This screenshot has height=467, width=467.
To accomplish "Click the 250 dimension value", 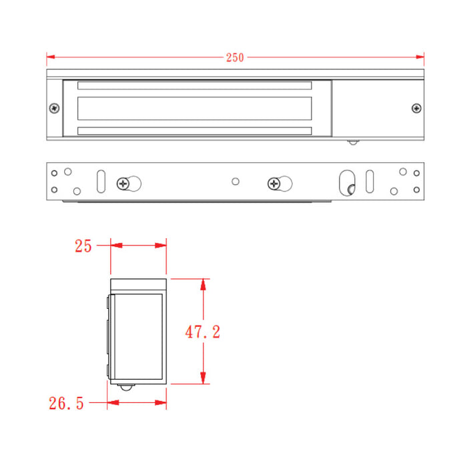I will point(235,57).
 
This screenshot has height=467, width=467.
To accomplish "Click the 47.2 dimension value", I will point(203,332).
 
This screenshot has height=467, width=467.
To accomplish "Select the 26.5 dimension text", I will point(66,403).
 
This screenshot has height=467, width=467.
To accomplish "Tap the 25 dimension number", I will point(83,246).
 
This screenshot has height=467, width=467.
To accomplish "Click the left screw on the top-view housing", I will point(54,108).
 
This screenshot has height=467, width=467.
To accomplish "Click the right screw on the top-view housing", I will point(416,108).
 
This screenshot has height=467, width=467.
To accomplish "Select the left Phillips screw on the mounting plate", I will point(124,183).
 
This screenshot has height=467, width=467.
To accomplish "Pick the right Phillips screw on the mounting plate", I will point(274,183).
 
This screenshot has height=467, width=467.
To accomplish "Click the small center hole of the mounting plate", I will point(234,181).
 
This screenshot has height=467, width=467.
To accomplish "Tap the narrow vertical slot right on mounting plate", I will point(370,181).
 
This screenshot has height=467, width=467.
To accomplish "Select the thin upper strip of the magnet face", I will point(194,86).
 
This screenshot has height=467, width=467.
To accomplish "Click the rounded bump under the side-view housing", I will point(126,388).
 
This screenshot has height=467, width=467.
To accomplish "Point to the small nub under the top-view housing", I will point(353,141).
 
